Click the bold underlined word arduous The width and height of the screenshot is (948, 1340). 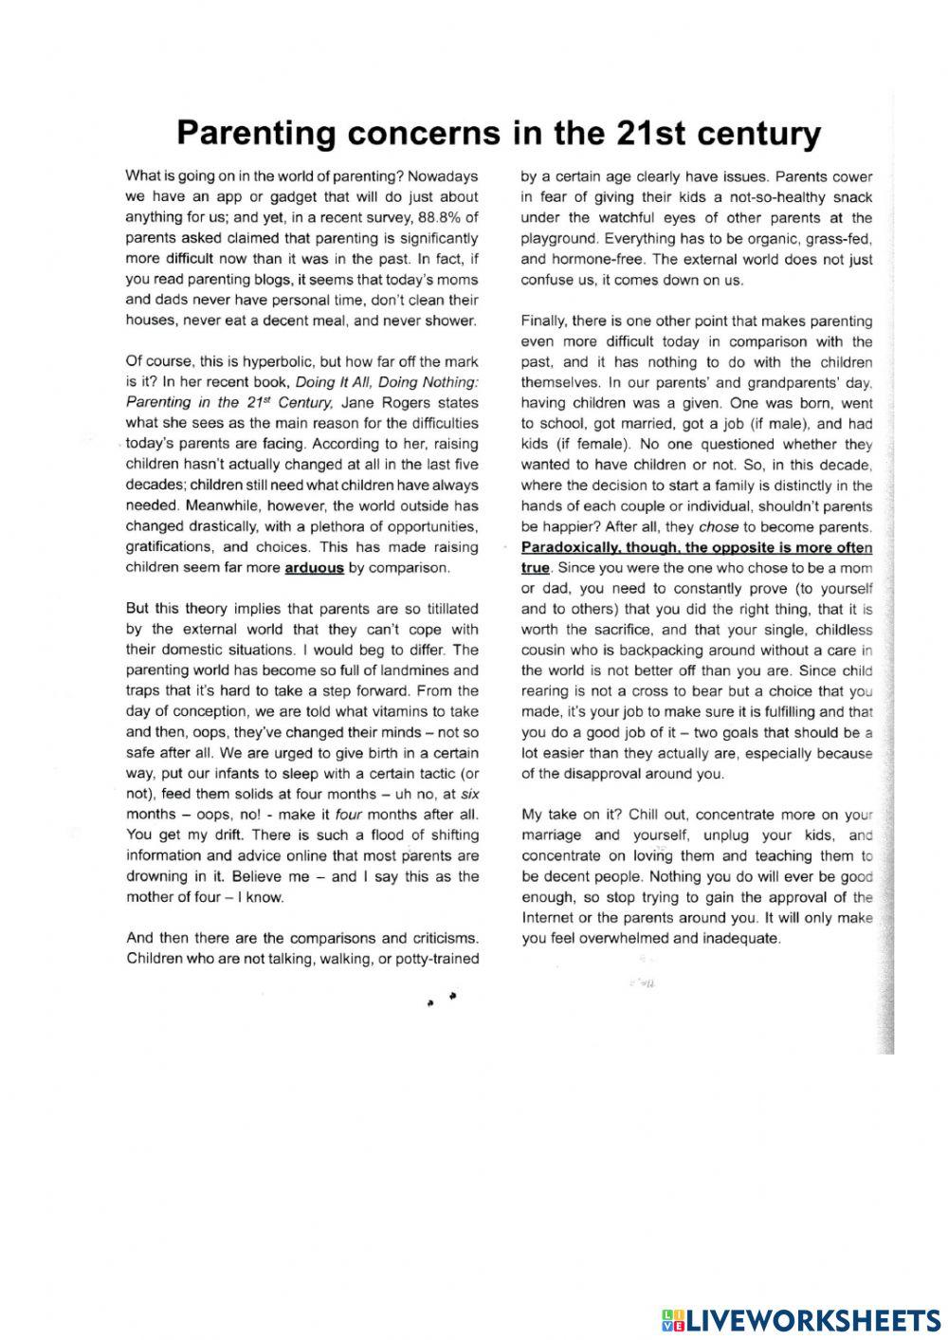coord(314,568)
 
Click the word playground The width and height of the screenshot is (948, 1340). coord(558,238)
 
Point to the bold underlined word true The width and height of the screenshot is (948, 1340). coord(535,568)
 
